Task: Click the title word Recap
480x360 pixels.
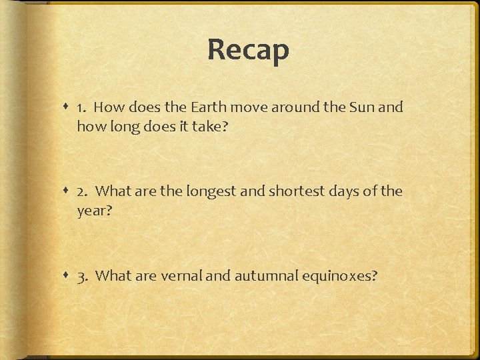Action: [248, 50]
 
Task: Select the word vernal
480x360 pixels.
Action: [181, 277]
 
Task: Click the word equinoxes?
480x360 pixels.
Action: [339, 277]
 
